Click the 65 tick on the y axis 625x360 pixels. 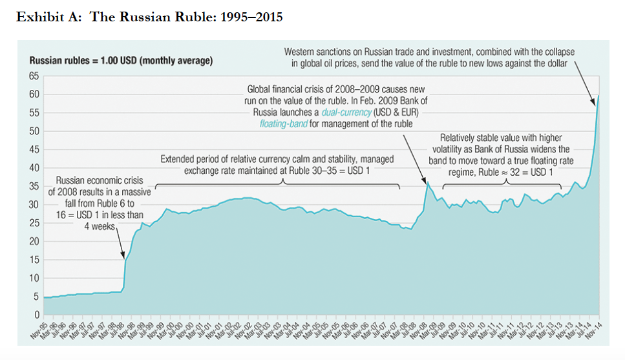pos(34,76)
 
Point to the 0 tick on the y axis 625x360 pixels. pos(37,315)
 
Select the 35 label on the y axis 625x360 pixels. pos(34,186)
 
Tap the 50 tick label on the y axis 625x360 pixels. pos(34,131)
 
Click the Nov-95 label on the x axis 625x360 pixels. pos(38,330)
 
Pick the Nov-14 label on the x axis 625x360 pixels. pos(594,330)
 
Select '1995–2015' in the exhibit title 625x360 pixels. pos(251,17)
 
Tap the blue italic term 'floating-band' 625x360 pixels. pos(283,123)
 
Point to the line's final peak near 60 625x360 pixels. pos(599,96)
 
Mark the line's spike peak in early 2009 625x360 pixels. pos(427,183)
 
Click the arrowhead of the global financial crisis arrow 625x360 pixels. pos(426,179)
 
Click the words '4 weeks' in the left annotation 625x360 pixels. pos(98,227)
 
